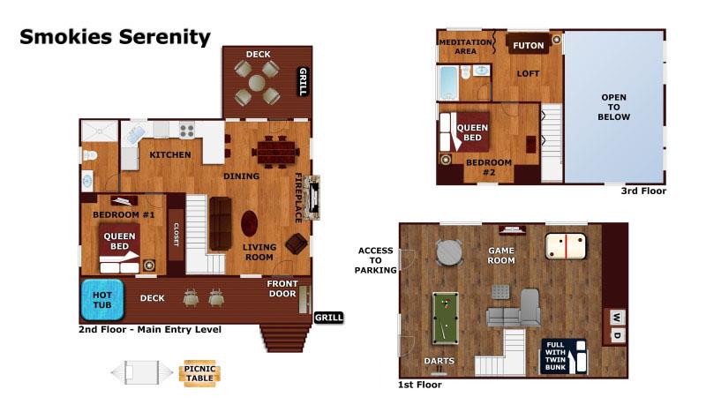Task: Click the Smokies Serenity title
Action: (115, 37)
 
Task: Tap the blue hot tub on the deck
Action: (102, 300)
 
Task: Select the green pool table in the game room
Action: (446, 318)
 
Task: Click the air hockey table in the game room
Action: (566, 246)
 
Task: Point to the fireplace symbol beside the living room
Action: (312, 198)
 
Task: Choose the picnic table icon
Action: (200, 373)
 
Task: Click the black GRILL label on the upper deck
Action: (304, 81)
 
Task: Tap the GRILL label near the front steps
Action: (328, 318)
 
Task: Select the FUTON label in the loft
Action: (528, 46)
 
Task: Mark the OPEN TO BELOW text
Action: (613, 107)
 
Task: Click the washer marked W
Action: (617, 318)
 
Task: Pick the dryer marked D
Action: (617, 335)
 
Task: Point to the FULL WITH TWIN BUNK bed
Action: (564, 356)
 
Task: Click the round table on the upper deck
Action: (257, 83)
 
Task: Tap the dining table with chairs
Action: (275, 151)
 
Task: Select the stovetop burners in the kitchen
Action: (186, 131)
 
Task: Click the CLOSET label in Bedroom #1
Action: (176, 235)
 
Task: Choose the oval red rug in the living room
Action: (249, 224)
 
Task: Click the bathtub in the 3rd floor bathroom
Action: (448, 83)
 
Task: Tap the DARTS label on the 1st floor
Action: (439, 361)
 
